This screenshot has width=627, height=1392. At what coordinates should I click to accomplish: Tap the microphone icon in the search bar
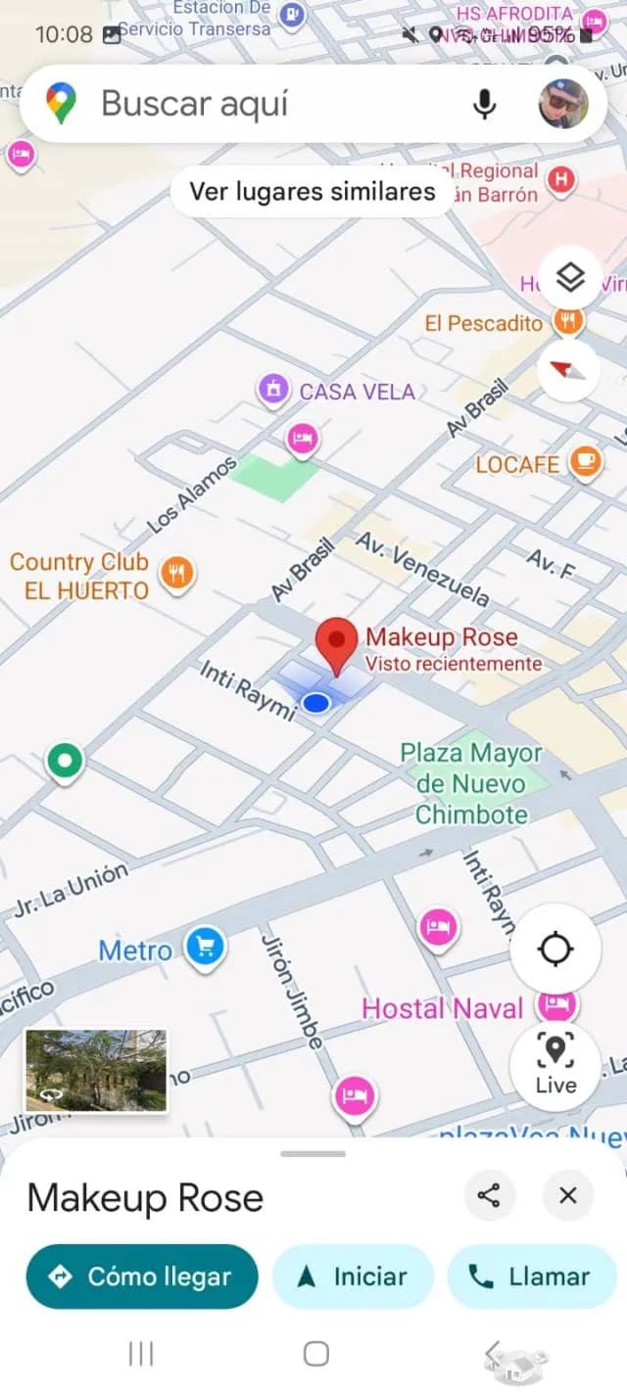pyautogui.click(x=484, y=104)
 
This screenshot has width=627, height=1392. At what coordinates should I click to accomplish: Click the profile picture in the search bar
pyautogui.click(x=563, y=104)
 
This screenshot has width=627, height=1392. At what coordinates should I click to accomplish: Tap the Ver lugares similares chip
pyautogui.click(x=312, y=191)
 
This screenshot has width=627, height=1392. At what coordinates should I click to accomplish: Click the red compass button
pyautogui.click(x=569, y=370)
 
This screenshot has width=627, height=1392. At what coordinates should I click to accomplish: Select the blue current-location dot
pyautogui.click(x=315, y=702)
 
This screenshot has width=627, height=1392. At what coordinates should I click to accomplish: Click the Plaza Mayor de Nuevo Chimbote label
pyautogui.click(x=471, y=783)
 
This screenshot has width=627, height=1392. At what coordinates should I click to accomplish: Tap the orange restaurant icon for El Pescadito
pyautogui.click(x=568, y=319)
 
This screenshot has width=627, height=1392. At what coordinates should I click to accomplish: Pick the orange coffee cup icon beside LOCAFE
pyautogui.click(x=586, y=462)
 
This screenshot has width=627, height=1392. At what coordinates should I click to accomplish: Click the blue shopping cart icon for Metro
pyautogui.click(x=205, y=947)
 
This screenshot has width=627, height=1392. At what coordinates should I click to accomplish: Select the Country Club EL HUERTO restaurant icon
pyautogui.click(x=176, y=573)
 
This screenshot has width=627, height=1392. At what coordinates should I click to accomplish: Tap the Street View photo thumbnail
pyautogui.click(x=96, y=1070)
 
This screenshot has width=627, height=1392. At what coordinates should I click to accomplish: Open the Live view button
pyautogui.click(x=555, y=1064)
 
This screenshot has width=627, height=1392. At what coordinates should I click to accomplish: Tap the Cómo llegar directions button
pyautogui.click(x=142, y=1276)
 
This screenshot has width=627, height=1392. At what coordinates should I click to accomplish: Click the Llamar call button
pyautogui.click(x=531, y=1276)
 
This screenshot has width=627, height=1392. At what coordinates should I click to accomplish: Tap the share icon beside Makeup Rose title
pyautogui.click(x=489, y=1195)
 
